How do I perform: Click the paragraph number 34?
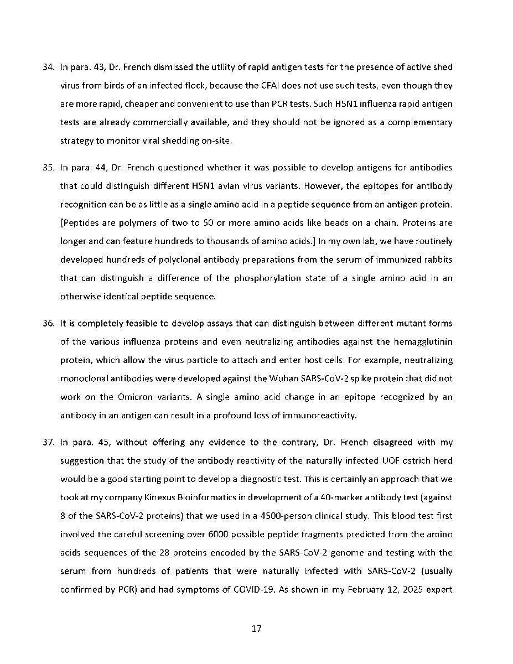coord(48,68)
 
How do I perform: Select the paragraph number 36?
coord(48,323)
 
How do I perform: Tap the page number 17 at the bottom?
coord(256,629)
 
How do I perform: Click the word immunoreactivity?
coord(317,416)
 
